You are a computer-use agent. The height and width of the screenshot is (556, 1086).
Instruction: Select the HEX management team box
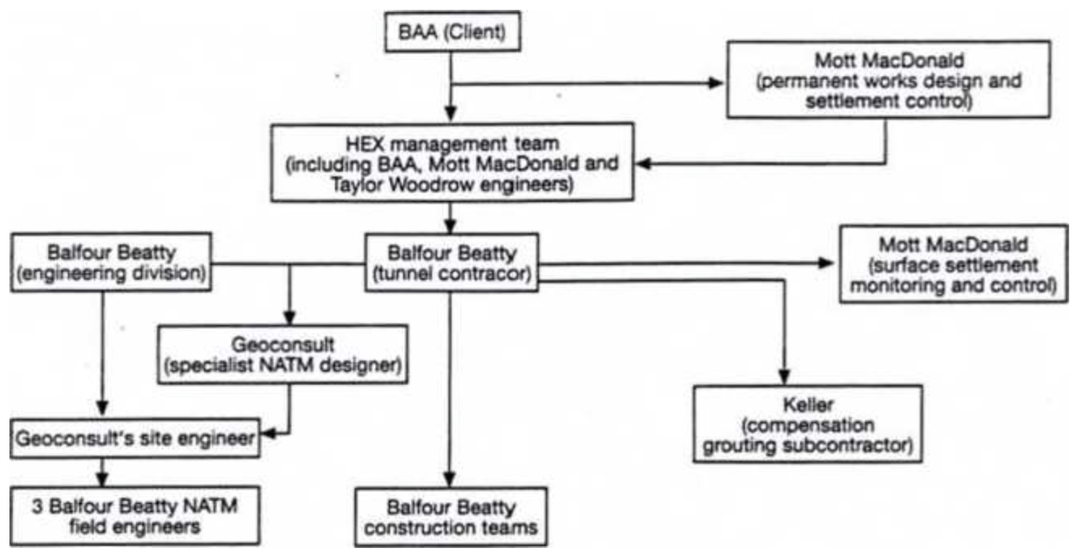pos(452,162)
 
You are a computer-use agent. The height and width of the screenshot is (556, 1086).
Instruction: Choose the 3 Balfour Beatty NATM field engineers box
pos(135,515)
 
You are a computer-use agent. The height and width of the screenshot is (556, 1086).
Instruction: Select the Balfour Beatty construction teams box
pos(451,518)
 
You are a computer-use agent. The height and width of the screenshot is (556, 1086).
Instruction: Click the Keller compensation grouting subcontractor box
pos(808,424)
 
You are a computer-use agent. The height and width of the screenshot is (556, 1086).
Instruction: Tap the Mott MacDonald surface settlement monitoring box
pos(953,264)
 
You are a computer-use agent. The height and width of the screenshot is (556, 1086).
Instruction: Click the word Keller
pos(808,402)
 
